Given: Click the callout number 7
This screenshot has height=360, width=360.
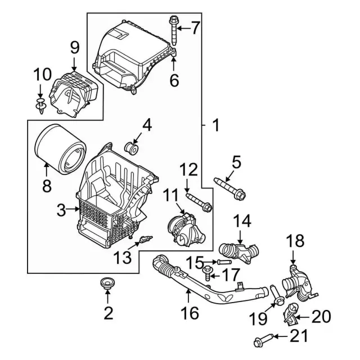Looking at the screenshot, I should point(195,26).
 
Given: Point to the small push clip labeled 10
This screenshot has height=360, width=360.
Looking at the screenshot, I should point(40,105).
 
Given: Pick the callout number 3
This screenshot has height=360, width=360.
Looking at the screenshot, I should point(61,211).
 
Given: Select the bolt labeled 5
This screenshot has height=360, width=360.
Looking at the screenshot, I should point(229,188).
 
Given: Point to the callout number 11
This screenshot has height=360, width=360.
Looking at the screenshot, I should point(170,196).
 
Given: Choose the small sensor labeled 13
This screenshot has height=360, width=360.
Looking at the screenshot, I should point(144,240).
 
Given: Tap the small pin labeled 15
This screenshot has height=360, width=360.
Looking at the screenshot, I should point(223,262).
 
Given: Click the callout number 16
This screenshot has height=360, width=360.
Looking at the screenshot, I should point(191,312).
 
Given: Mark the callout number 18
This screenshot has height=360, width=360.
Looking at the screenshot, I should point(295,242).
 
